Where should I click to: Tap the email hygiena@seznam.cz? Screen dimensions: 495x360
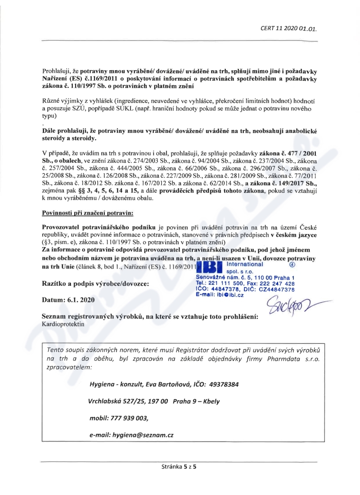point(132,436)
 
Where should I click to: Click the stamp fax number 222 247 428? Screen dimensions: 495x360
point(276,284)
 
